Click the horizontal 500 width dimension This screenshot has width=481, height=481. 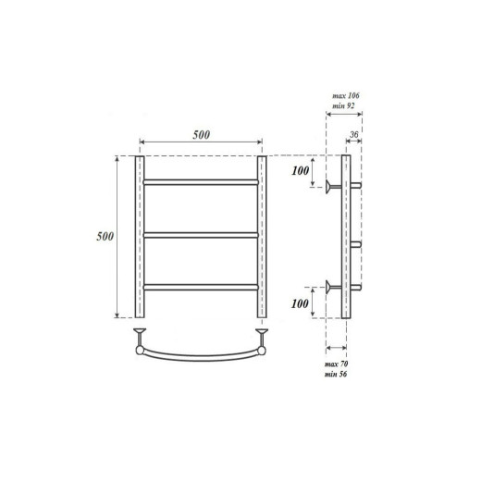click(x=201, y=135)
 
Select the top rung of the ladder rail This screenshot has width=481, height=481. click(x=201, y=181)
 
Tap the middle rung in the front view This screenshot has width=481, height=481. click(x=201, y=237)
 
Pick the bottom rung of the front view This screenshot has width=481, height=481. click(x=201, y=288)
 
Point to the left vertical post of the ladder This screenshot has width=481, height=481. click(x=140, y=237)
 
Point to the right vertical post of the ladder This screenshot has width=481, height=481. click(x=262, y=237)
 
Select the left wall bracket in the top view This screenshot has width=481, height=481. click(x=141, y=332)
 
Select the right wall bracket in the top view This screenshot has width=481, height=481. click(x=262, y=332)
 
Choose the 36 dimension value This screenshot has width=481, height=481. click(x=354, y=136)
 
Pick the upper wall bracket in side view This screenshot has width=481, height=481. click(x=332, y=187)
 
